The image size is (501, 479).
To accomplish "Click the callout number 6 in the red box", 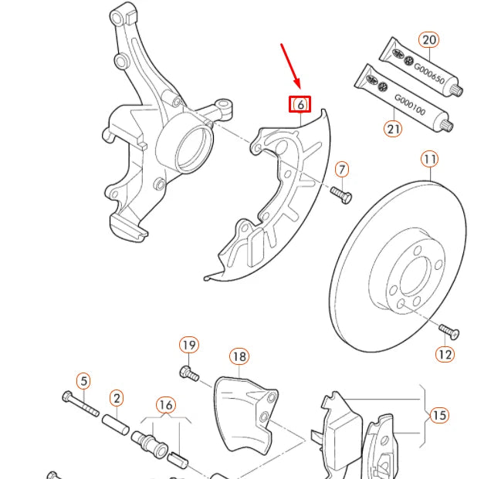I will pos(300,104).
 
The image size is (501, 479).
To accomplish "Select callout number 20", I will pos(428,39).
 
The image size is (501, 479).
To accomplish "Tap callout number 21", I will pos(394,128).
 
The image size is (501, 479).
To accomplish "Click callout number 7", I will pos(342,169).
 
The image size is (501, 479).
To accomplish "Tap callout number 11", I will pos(429,160).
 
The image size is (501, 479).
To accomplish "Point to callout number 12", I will pos(445,354).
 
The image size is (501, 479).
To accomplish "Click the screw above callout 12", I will pos(449,332).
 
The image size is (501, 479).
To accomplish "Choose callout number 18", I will pos(239,356).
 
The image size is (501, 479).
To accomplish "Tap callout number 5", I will pos(83,380).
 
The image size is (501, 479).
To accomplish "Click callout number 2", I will pos(116,398).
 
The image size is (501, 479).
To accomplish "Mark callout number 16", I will pos(165,404).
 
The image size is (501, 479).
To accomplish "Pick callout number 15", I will pos(439,416).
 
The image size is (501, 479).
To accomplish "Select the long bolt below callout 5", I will pos(80,403).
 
